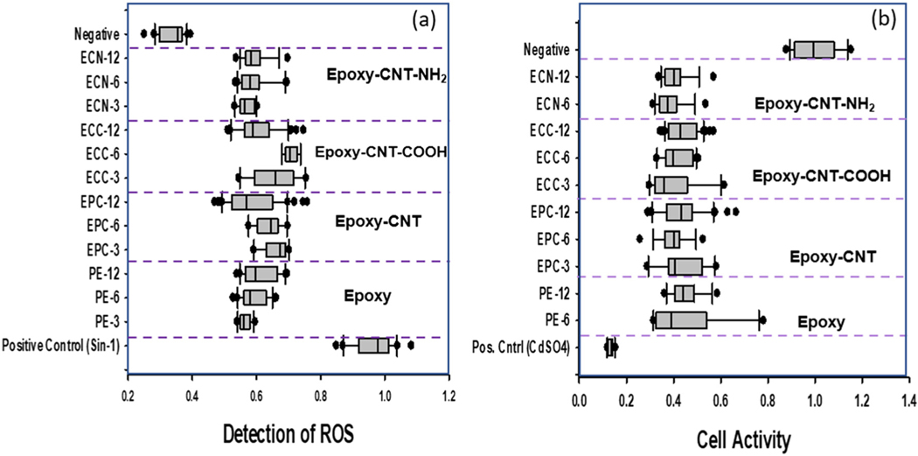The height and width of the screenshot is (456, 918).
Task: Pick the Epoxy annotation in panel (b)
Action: [821, 322]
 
